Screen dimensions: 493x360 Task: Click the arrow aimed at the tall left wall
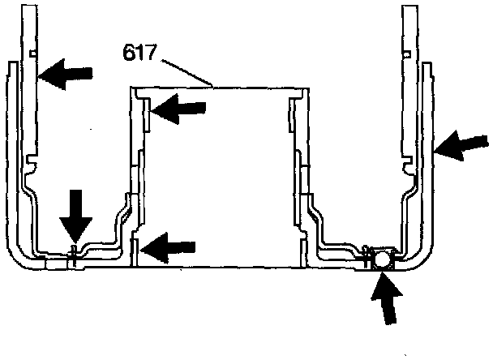click(x=65, y=75)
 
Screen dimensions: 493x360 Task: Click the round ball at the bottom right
click(x=380, y=259)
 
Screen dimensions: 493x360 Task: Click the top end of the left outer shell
click(x=13, y=63)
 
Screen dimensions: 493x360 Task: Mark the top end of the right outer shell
click(x=425, y=65)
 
